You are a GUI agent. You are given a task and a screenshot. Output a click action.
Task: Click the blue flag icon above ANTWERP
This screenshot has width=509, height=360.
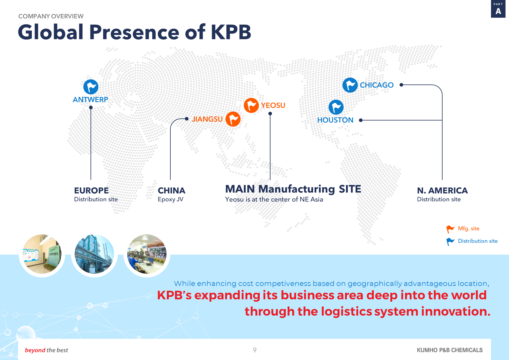tap(91, 87)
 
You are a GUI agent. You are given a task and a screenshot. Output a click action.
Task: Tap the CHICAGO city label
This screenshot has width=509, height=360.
tap(377, 85)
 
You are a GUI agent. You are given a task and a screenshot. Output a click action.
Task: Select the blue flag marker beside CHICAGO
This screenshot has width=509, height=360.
tap(350, 85)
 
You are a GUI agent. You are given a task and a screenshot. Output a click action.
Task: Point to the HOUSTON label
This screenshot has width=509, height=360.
tap(335, 120)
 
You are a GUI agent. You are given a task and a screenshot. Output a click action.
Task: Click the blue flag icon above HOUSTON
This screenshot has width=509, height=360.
tap(336, 107)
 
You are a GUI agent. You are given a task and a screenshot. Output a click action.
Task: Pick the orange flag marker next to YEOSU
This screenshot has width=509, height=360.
tap(251, 105)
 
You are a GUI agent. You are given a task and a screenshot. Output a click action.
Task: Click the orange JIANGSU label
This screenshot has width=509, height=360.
tap(207, 119)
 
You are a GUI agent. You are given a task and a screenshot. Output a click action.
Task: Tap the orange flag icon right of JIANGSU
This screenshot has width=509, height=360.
tap(233, 119)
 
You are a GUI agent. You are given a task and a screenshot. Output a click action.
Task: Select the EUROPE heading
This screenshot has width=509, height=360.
tap(91, 190)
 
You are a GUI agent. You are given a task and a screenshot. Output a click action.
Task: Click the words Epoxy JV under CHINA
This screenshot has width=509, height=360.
tap(171, 199)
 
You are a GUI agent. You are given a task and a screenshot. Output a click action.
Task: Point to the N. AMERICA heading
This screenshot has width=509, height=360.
tap(442, 190)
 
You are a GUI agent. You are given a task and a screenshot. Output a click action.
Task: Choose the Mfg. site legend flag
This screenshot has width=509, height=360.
tap(450, 229)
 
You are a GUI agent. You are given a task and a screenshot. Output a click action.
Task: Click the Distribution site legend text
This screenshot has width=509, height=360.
tap(478, 241)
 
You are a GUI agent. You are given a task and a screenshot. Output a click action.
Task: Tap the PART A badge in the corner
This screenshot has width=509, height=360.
tap(498, 9)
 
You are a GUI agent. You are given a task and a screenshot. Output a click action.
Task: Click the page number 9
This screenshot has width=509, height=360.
tap(255, 350)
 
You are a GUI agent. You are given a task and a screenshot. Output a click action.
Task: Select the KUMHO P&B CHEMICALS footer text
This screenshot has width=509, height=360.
tap(450, 350)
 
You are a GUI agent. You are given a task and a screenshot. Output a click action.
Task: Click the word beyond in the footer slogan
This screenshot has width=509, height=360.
tap(35, 350)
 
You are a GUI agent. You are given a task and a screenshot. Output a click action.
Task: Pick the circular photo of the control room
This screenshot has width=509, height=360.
tap(147, 254)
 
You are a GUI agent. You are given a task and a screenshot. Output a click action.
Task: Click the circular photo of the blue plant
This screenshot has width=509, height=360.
tap(94, 254)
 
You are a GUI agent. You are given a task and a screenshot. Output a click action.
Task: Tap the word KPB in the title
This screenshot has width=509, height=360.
tap(231, 32)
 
